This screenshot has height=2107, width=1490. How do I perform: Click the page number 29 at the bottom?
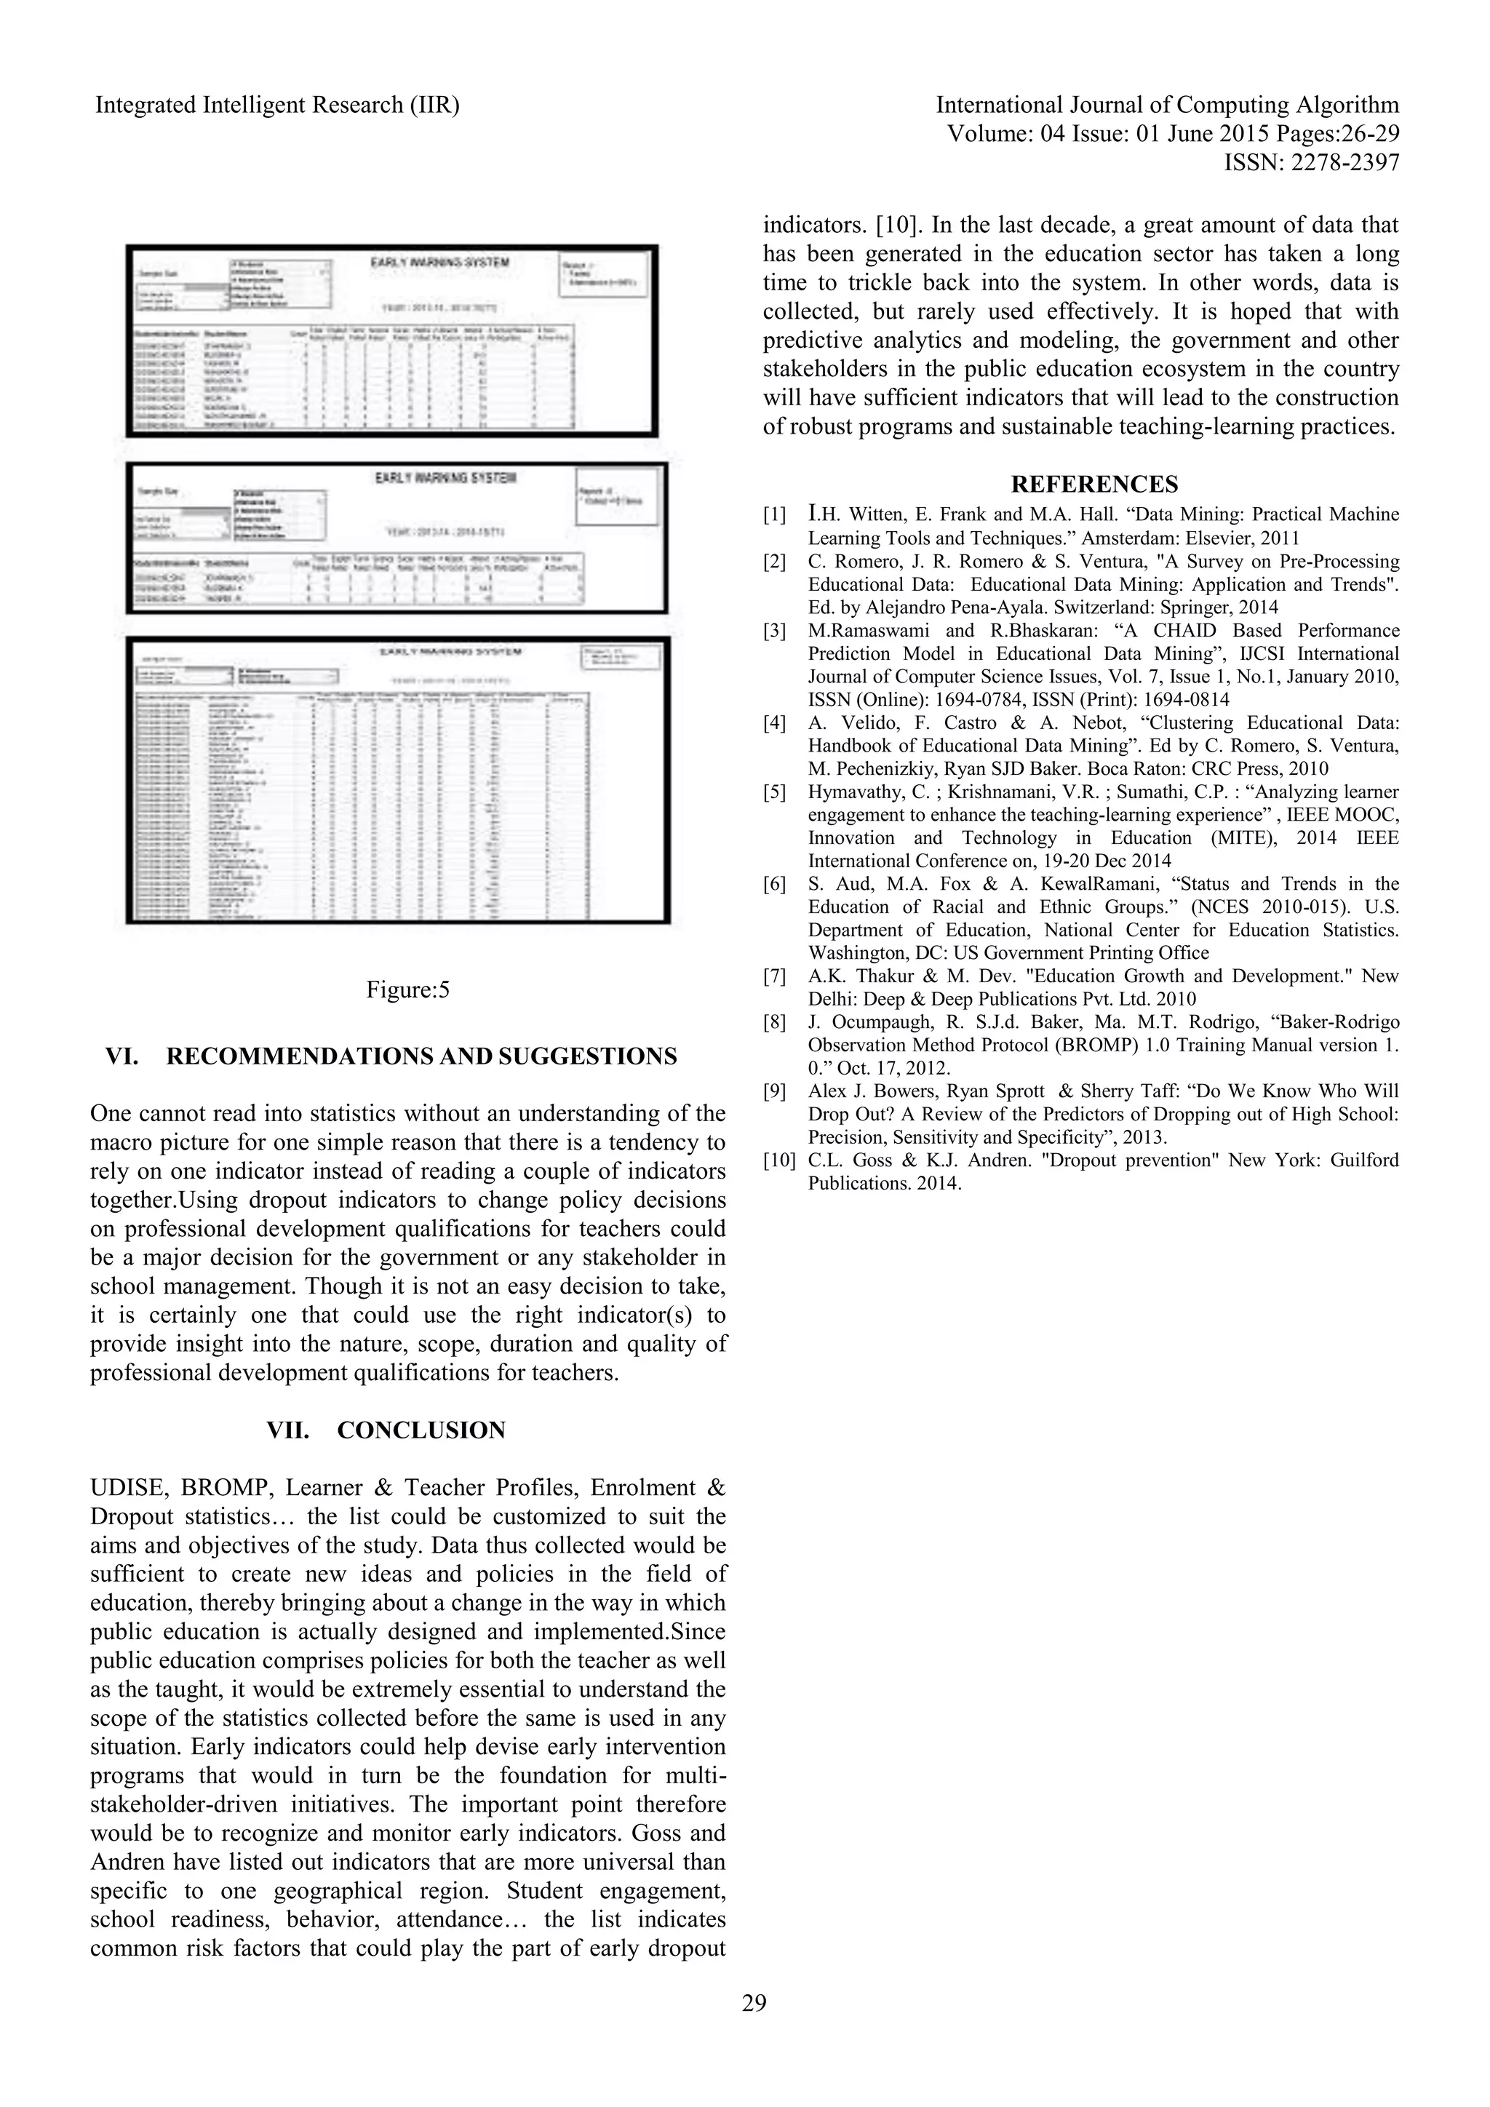[x=753, y=2002]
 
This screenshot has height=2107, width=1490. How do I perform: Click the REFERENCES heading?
[x=1093, y=485]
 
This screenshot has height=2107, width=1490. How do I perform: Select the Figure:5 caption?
[x=407, y=990]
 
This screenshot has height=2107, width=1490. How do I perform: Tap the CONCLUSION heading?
[x=421, y=1430]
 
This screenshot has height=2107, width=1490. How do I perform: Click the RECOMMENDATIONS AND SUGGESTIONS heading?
[x=421, y=1056]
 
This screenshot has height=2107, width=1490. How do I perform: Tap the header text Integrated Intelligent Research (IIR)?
[x=277, y=105]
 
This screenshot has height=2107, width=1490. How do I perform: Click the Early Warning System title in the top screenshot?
[x=439, y=263]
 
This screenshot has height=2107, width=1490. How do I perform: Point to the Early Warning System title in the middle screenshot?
[x=446, y=478]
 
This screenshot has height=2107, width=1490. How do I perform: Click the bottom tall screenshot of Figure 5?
[x=398, y=780]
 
